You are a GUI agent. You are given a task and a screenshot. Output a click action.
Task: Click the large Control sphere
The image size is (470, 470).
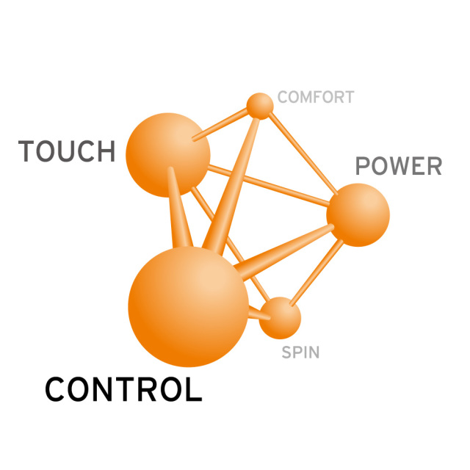click(x=188, y=306)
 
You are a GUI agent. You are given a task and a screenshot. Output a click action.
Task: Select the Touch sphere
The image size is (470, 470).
click(x=168, y=155)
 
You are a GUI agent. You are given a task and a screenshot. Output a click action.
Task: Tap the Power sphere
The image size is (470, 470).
click(x=358, y=215)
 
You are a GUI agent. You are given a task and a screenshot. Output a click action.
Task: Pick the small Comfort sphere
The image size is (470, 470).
click(x=260, y=106)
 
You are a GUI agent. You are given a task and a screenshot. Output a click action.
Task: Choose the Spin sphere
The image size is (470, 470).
click(x=280, y=318)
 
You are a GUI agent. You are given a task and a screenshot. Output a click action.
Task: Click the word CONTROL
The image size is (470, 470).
click(x=123, y=389)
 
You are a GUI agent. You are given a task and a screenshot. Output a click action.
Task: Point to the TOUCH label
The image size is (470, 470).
click(x=67, y=151)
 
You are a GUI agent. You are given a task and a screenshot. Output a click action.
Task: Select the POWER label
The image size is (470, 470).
click(x=399, y=166)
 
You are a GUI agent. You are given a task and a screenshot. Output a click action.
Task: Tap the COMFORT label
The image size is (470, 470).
click(x=316, y=97)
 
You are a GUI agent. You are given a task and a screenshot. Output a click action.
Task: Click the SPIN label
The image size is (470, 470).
click(x=300, y=352)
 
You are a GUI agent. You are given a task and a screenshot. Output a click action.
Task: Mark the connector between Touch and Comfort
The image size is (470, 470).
click(x=220, y=124)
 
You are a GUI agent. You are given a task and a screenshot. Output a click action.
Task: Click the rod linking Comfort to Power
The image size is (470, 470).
click(x=303, y=153)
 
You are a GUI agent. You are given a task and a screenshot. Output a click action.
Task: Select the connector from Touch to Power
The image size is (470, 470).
click(x=269, y=186)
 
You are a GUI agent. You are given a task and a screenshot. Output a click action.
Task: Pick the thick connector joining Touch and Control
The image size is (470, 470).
click(x=179, y=208)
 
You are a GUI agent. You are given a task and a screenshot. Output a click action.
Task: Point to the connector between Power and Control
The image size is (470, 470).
click(x=283, y=253)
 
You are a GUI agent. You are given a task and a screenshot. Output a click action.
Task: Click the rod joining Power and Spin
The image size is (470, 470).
click(x=317, y=272)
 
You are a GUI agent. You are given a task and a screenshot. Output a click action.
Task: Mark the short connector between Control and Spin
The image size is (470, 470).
click(x=259, y=314)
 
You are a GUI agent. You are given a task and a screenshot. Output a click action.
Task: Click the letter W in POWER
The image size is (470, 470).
click(x=400, y=166)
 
